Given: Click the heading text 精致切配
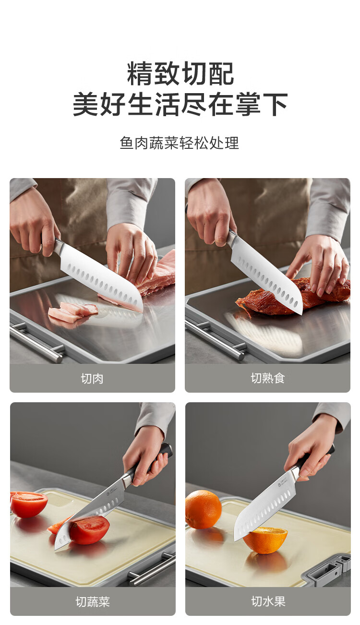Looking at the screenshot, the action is [180, 73].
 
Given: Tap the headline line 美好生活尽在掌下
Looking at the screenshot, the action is [180, 104].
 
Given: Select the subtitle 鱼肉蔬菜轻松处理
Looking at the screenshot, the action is [180, 143].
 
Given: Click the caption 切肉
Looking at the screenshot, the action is [92, 379].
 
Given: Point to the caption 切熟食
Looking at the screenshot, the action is [268, 378].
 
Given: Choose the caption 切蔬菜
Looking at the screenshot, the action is [93, 601].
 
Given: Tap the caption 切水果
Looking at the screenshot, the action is [268, 601].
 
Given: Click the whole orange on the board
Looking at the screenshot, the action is [203, 509].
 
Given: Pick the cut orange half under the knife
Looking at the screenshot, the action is [265, 540].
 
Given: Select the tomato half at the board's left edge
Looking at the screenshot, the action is [28, 504].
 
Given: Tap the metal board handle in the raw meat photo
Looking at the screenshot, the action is [36, 342].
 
